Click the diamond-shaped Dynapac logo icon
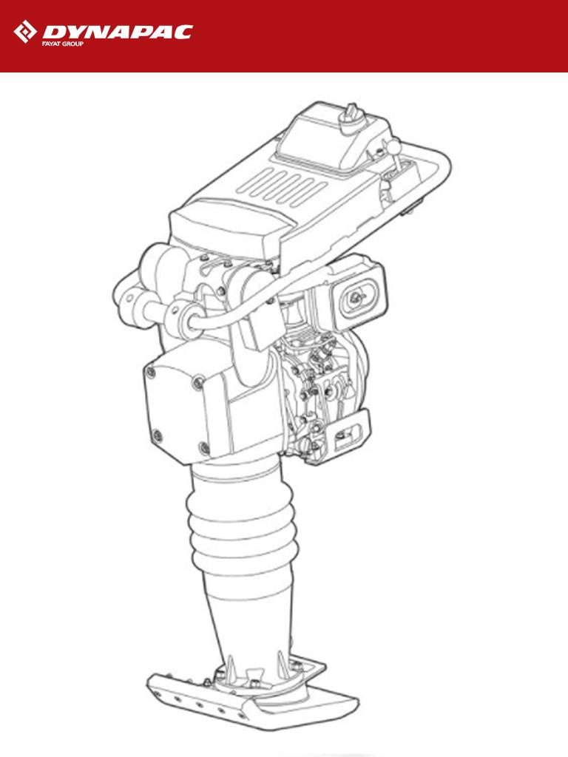tap(25, 31)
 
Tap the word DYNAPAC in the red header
tap(118, 32)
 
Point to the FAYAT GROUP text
tap(62, 44)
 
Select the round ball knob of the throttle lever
tap(393, 146)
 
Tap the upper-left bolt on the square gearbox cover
tap(151, 373)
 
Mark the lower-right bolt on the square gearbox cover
tap(204, 447)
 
